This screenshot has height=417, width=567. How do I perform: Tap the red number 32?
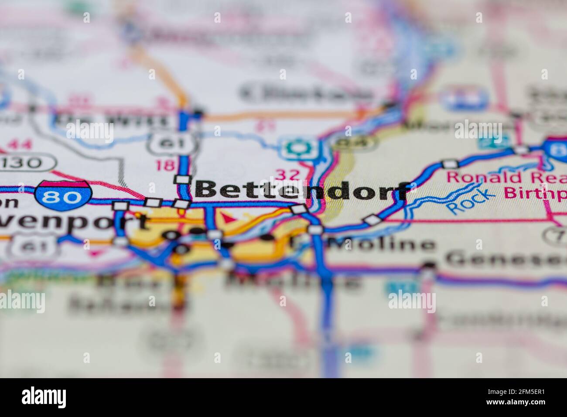(x=287, y=174)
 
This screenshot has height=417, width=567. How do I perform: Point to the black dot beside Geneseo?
(x=429, y=264)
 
